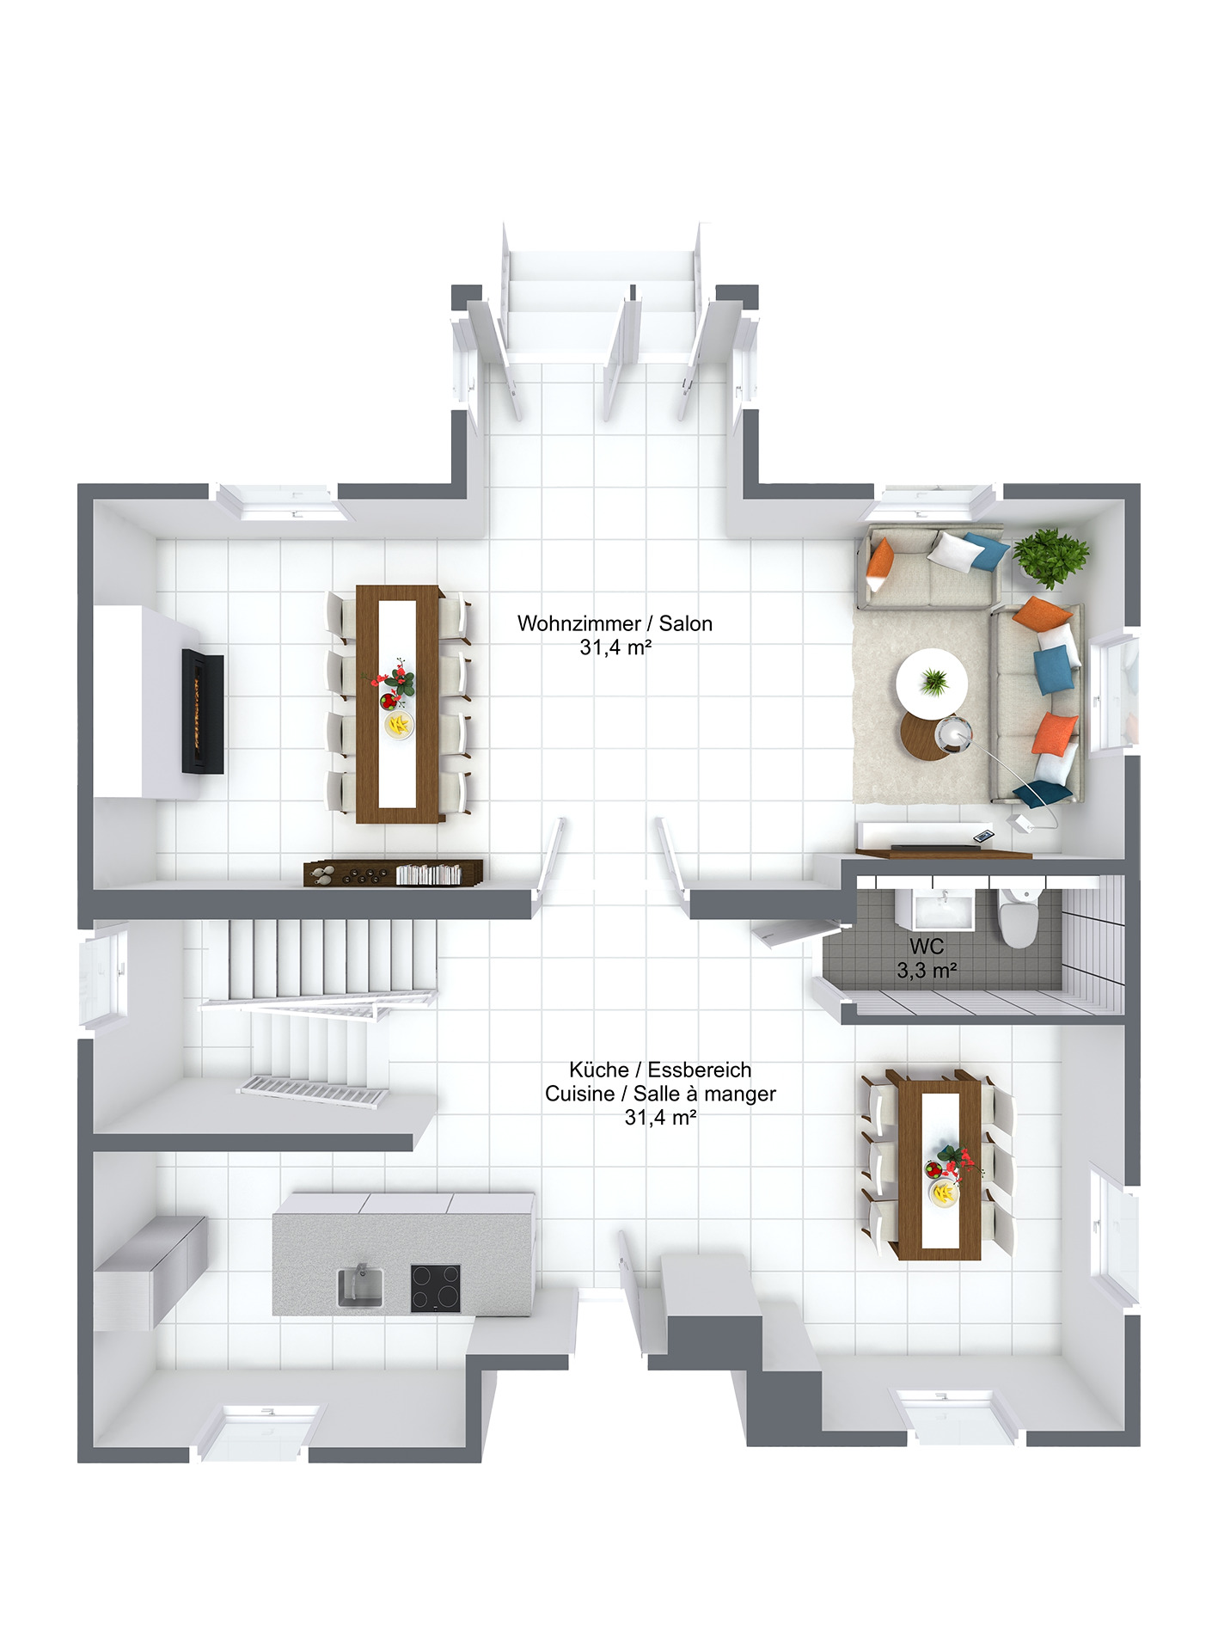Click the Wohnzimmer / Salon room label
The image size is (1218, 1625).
[615, 623]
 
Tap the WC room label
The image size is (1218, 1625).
[926, 947]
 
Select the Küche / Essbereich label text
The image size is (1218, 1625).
[659, 1070]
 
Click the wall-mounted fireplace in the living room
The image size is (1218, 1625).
[203, 712]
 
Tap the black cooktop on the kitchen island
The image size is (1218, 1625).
[435, 1287]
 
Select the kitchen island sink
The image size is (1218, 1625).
[360, 1286]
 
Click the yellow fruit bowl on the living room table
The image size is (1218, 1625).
[398, 725]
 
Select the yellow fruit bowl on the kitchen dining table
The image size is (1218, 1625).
[944, 1193]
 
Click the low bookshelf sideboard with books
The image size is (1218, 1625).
[393, 873]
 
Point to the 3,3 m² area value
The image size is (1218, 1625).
[927, 971]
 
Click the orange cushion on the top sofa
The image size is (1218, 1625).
[880, 559]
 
